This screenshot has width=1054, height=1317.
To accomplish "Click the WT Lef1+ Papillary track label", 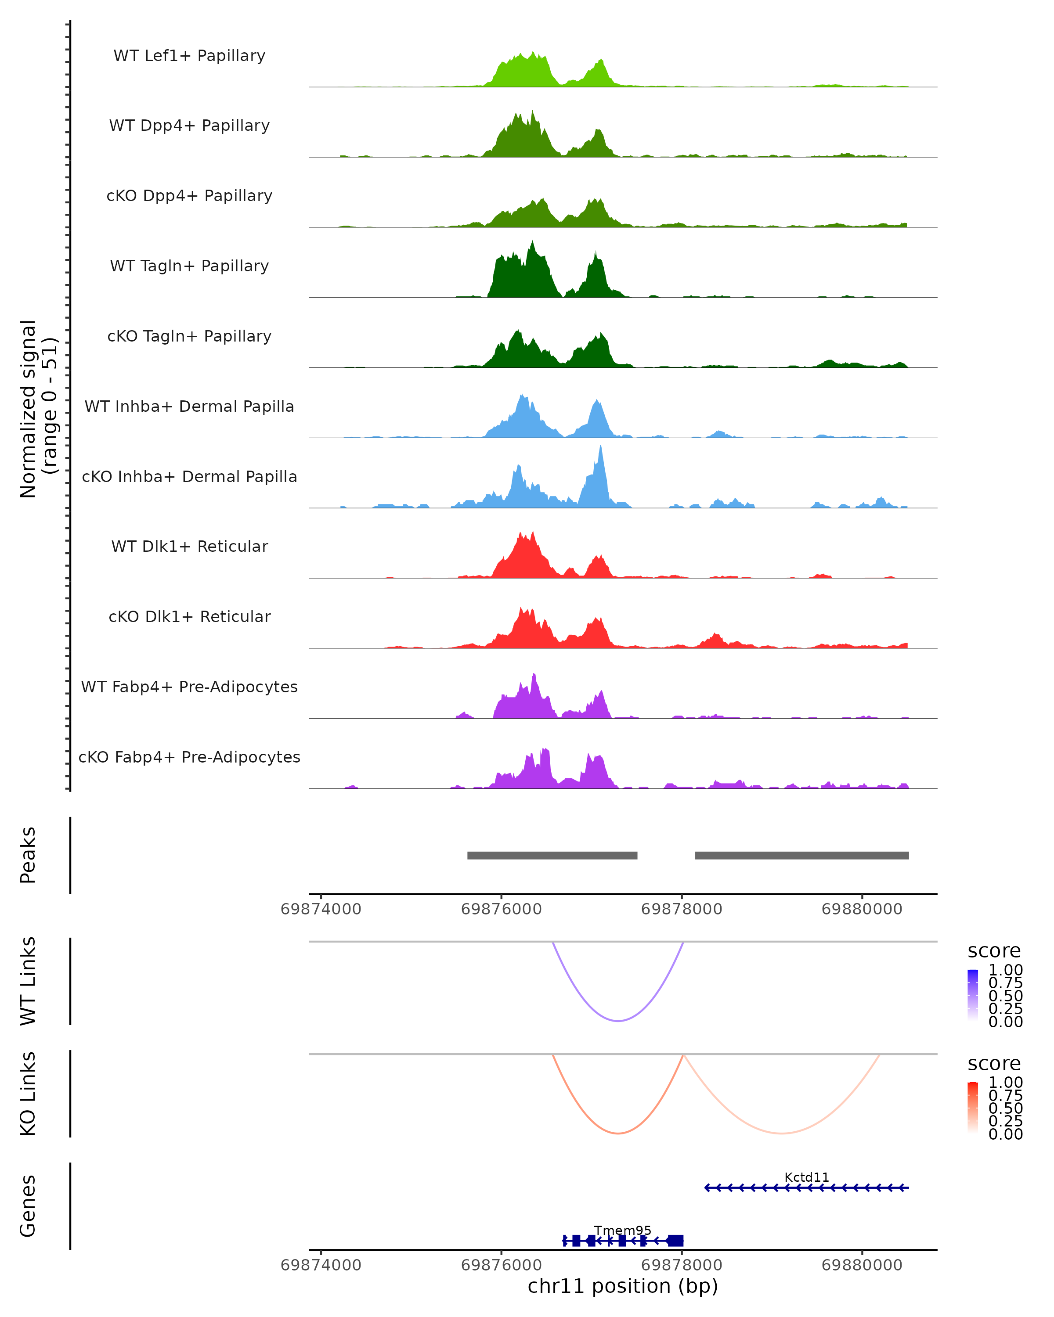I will tap(189, 56).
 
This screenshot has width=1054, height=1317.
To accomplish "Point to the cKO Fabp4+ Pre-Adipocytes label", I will tap(189, 757).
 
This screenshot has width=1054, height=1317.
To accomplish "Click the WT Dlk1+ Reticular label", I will tap(189, 546).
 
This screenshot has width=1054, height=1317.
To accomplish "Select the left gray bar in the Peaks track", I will tap(552, 855).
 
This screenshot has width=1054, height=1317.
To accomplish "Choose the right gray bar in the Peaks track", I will tap(801, 855).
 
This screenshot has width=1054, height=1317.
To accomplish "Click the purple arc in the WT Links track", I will tap(618, 1021).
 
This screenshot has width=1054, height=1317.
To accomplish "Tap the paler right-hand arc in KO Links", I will tap(781, 1133).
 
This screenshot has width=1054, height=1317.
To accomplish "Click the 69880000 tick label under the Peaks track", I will tap(862, 909).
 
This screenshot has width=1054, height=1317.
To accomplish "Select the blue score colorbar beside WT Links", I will tap(973, 995).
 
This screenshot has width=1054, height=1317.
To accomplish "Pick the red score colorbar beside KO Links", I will tap(973, 1108).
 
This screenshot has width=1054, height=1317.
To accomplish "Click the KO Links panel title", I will tap(28, 1094).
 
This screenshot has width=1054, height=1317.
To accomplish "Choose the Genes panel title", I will tap(28, 1206).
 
